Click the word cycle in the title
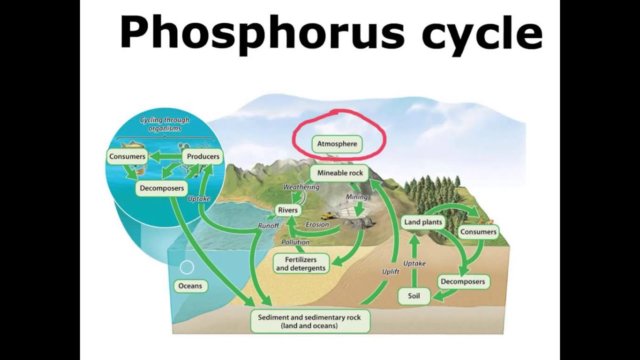click(x=482, y=33)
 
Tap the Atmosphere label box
click(x=337, y=144)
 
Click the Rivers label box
click(x=288, y=210)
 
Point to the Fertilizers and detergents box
click(x=301, y=264)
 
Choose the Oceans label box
click(x=190, y=286)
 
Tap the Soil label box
click(x=414, y=296)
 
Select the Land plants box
click(x=423, y=222)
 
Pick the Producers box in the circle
click(x=203, y=156)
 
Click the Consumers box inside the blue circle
click(x=127, y=156)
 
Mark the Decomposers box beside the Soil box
click(x=462, y=281)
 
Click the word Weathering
click(x=301, y=187)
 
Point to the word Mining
click(x=356, y=197)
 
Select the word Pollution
click(x=295, y=242)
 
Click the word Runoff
click(x=268, y=226)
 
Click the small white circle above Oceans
click(x=186, y=267)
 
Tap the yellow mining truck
click(x=328, y=216)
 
